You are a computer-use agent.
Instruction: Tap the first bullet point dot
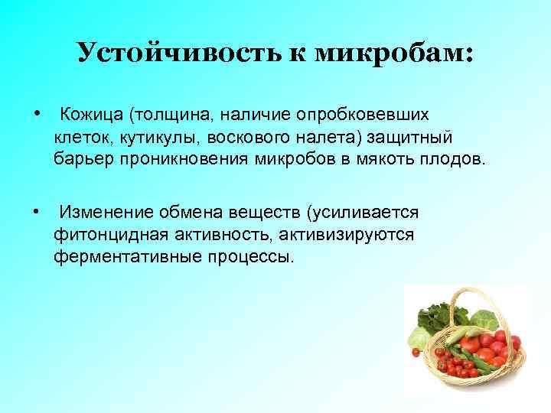(37, 113)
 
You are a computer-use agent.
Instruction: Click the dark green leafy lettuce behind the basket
(433, 314)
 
